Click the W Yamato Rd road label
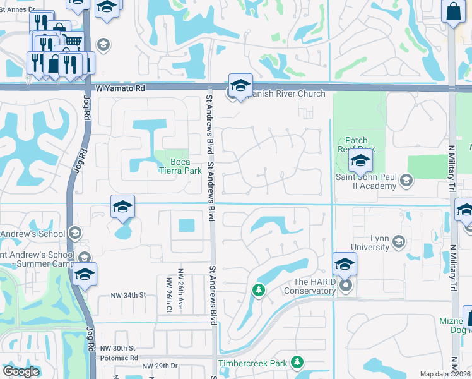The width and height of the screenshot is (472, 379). pos(121,89)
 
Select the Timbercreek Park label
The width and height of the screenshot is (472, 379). pos(252,363)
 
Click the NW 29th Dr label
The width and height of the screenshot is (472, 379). pos(160,366)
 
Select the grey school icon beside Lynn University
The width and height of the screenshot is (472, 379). pos(398,241)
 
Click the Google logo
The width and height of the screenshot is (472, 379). pos(21,371)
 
